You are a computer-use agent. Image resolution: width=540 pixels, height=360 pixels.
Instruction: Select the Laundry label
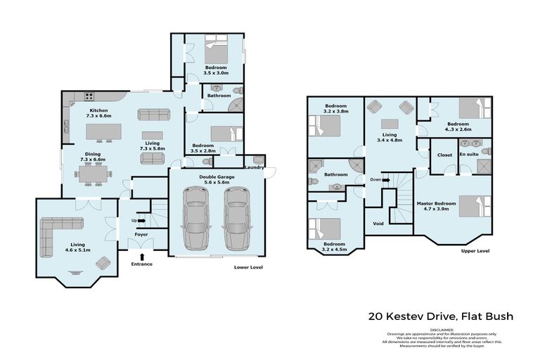point(254,167)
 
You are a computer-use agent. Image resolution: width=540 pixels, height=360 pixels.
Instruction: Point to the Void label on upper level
point(378,224)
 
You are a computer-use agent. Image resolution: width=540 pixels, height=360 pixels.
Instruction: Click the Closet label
point(444,154)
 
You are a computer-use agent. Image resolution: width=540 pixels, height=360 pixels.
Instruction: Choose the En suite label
point(469,154)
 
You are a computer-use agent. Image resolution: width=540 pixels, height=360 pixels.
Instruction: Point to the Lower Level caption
point(249,268)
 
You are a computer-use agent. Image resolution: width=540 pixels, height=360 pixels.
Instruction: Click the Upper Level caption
point(475,250)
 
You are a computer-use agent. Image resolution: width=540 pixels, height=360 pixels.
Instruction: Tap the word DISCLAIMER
point(442,329)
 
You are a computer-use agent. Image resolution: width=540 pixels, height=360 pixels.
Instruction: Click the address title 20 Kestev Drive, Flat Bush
point(442,316)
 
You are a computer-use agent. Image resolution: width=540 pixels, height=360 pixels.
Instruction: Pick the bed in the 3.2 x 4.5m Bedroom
point(327,230)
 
